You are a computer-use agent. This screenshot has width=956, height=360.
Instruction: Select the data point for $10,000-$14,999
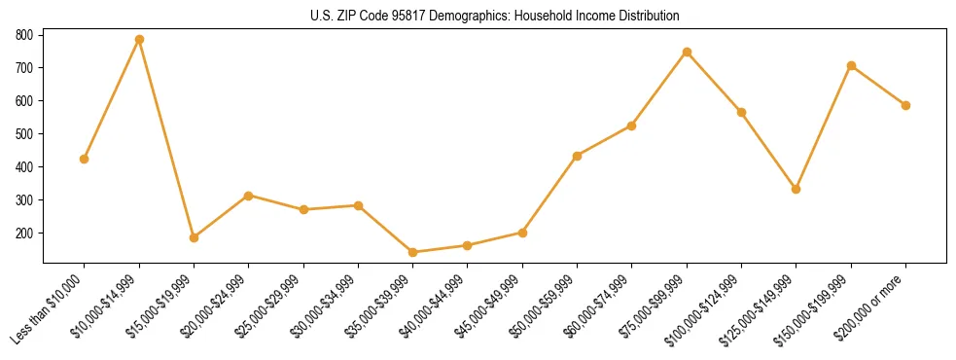click(139, 40)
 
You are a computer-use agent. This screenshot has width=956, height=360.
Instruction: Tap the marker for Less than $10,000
click(85, 159)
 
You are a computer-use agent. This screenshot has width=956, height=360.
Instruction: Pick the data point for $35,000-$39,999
click(413, 252)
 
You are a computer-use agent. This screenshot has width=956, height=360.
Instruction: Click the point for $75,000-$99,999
click(687, 52)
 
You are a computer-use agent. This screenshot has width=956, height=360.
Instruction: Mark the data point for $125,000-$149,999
click(797, 189)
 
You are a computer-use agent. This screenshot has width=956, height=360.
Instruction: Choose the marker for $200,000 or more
click(905, 105)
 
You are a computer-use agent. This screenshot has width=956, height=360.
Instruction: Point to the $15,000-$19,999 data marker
click(194, 237)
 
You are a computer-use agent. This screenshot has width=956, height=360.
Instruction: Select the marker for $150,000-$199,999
click(851, 65)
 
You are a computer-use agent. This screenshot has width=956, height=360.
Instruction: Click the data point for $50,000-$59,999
click(578, 156)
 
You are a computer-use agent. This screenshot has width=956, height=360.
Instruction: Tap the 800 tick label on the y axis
click(24, 35)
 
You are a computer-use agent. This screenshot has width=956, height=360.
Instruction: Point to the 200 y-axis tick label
click(24, 234)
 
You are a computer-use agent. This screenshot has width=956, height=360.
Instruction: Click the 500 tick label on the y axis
click(24, 134)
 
